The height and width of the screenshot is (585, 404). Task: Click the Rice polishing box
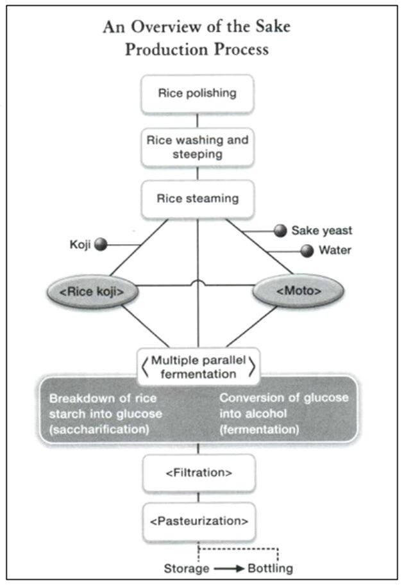coord(197,94)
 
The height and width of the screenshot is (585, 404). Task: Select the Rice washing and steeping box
coord(197,147)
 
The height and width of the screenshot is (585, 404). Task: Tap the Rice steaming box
coord(197,199)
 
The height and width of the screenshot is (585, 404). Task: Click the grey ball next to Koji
coord(100,244)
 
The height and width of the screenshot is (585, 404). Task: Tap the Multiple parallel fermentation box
coord(197,366)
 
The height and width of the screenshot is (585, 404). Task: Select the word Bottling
coord(270,568)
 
